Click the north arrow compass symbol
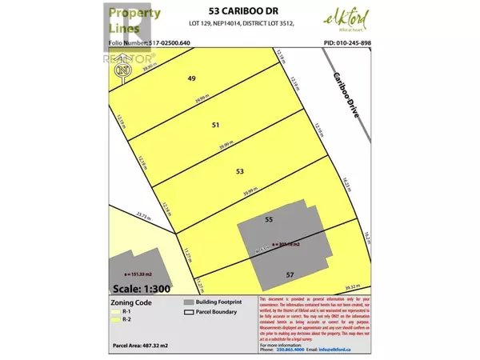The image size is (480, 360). pyautogui.click(x=122, y=70)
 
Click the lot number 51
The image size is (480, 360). pyautogui.click(x=214, y=126)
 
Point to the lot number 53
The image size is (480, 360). pyautogui.click(x=239, y=172)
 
